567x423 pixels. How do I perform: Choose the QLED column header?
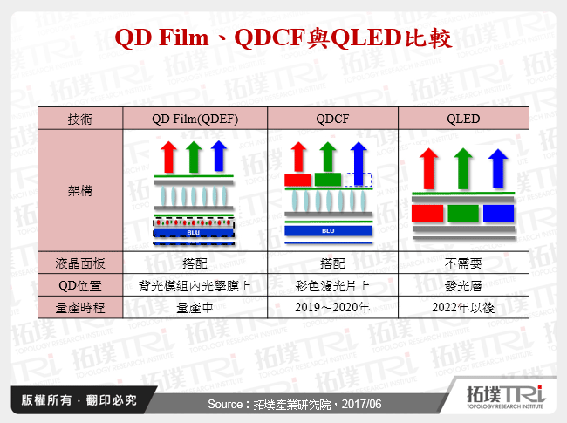tap(462, 119)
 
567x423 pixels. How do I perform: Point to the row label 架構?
tap(80, 189)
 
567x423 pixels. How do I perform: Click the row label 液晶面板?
tap(80, 262)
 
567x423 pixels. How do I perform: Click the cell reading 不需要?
tap(462, 262)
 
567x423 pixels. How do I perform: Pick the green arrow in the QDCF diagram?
tap(328, 156)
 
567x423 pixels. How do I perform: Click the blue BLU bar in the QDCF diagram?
tap(329, 231)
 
